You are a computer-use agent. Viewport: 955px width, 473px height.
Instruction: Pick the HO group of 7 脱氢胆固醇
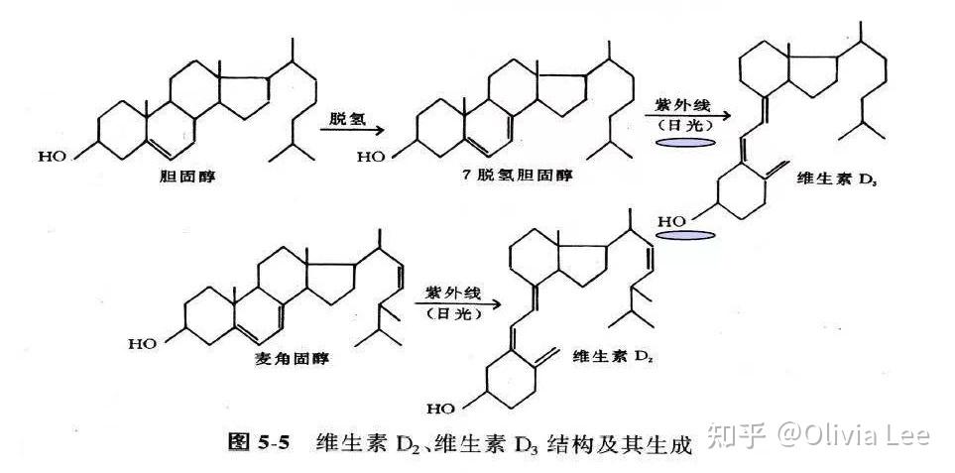click(x=371, y=156)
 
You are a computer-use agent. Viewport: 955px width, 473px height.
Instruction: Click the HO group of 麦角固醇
click(x=141, y=343)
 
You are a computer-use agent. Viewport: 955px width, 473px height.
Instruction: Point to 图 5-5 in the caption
click(x=259, y=442)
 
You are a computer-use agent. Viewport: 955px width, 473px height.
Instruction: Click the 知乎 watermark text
click(x=739, y=435)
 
